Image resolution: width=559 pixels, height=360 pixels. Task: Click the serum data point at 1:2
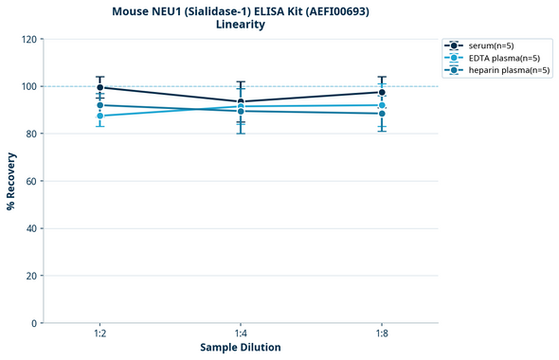[100, 87]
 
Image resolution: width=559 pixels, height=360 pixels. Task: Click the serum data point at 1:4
[241, 101]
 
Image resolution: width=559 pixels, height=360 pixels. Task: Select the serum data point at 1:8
[382, 92]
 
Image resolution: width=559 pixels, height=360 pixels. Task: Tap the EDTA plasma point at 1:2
[100, 116]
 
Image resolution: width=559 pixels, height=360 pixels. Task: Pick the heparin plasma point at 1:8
[382, 114]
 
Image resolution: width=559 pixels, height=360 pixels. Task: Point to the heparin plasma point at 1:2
[100, 105]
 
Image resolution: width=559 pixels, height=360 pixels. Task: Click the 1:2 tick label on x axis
[100, 333]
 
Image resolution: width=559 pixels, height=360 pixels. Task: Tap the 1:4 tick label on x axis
[241, 333]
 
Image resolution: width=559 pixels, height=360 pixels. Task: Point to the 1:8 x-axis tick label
[382, 333]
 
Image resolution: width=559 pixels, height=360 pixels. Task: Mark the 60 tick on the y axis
[30, 181]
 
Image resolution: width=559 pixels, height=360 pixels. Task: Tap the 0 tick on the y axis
[33, 323]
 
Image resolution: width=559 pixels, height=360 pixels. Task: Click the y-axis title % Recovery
[11, 180]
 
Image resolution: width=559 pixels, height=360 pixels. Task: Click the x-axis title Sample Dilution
[241, 348]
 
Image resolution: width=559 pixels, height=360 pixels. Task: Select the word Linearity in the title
[241, 25]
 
